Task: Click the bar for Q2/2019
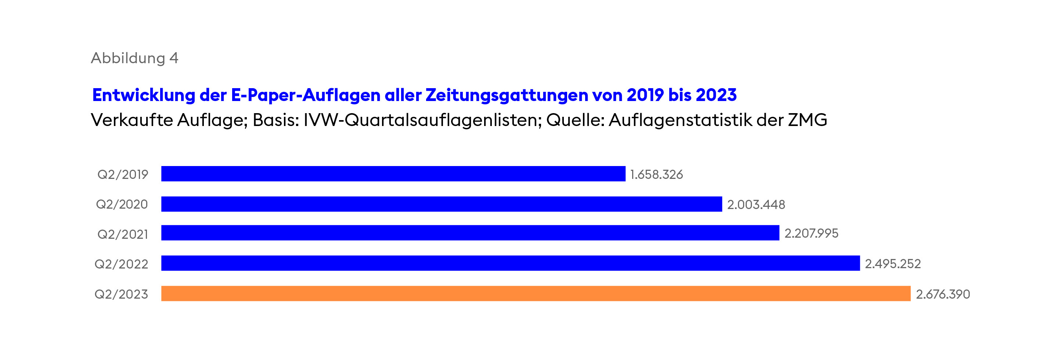click(393, 174)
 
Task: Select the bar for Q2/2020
click(442, 204)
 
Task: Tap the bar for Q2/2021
click(470, 233)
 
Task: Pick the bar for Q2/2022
click(511, 263)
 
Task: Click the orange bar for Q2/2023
click(536, 294)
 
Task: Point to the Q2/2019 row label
click(123, 174)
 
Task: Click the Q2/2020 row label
click(122, 204)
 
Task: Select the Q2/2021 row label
click(123, 234)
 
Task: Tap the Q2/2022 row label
click(121, 264)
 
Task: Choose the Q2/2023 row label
click(121, 294)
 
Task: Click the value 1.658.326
click(656, 174)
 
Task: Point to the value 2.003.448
click(756, 205)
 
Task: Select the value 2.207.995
click(811, 234)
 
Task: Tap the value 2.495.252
click(893, 264)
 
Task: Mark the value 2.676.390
click(943, 294)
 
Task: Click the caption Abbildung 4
click(134, 58)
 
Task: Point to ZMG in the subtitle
click(808, 120)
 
